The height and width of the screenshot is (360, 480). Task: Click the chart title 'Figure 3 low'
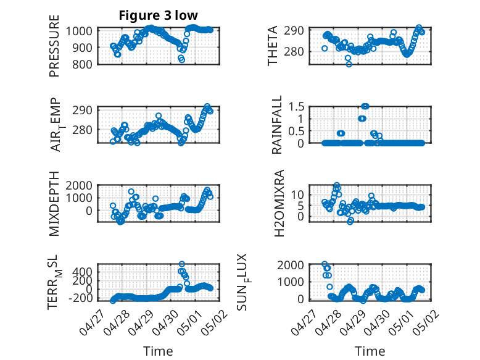[x=159, y=15]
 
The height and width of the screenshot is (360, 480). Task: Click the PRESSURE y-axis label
[x=54, y=46]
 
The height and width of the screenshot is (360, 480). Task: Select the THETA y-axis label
[x=272, y=46]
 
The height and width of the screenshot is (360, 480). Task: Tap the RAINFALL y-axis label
[x=276, y=125]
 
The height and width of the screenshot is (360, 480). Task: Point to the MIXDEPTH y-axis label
[x=54, y=204]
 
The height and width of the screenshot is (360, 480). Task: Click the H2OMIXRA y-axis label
[x=279, y=203]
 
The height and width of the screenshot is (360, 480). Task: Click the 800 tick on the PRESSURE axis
[x=82, y=65]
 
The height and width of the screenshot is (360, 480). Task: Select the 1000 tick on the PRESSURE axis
[x=79, y=31]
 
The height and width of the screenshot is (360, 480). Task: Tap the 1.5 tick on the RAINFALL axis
[x=296, y=107]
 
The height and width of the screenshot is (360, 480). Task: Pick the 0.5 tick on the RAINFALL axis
[x=296, y=131]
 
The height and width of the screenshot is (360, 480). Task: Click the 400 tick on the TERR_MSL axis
[x=82, y=272]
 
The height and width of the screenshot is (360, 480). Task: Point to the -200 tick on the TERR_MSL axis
[x=80, y=298]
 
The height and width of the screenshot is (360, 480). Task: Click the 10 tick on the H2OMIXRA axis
[x=297, y=195]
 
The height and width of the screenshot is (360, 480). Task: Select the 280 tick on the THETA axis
[x=294, y=51]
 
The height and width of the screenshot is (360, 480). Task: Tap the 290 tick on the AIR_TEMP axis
[x=82, y=110]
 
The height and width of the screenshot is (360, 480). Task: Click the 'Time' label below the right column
[x=370, y=351]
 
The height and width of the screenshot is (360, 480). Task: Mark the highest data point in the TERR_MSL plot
[x=181, y=264]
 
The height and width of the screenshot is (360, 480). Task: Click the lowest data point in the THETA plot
[x=349, y=64]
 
